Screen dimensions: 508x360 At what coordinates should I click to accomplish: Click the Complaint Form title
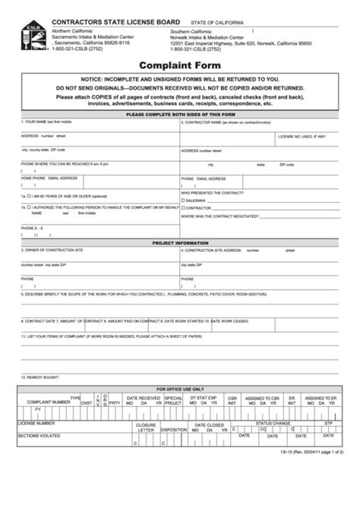(179, 66)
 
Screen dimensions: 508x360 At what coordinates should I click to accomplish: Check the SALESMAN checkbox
(183, 200)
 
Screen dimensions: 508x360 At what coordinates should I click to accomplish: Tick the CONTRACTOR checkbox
(183, 207)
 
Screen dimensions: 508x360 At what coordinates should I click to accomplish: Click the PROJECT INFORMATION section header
(179, 243)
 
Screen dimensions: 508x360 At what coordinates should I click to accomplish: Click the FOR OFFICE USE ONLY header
(179, 388)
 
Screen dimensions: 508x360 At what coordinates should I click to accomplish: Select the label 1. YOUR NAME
(38, 121)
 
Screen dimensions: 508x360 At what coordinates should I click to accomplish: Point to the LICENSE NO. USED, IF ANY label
(302, 137)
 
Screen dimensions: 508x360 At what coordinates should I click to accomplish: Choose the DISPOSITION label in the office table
(173, 429)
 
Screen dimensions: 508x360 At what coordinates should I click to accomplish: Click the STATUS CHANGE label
(273, 422)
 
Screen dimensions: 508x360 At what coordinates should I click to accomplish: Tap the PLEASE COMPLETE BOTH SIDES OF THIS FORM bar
(179, 114)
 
